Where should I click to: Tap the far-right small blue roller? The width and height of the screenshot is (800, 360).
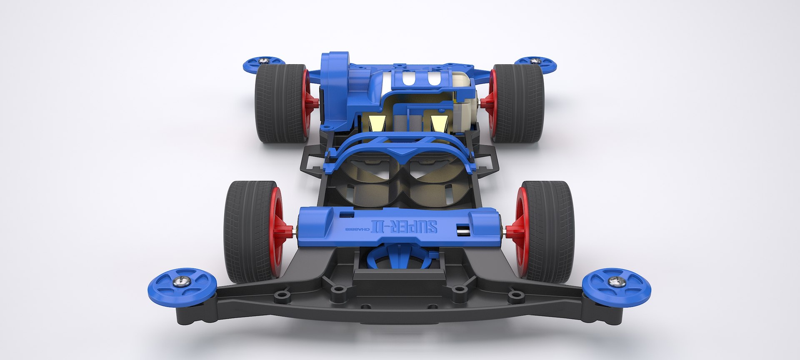click(x=535, y=63)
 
